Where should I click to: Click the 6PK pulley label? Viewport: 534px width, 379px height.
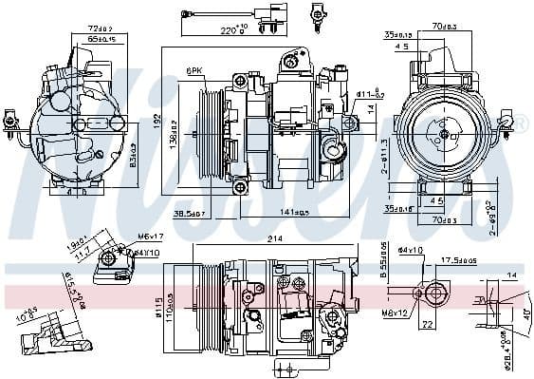195,70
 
